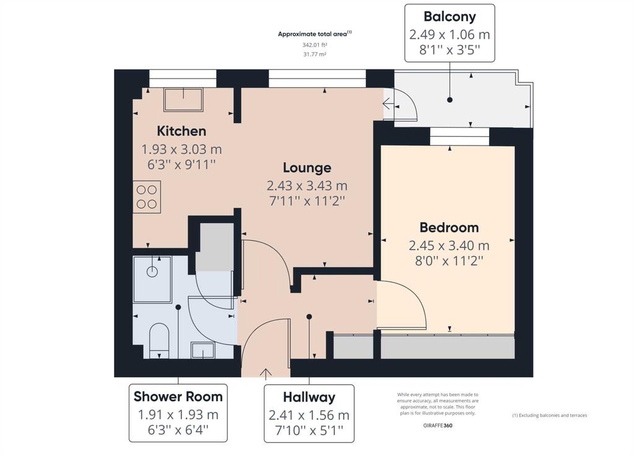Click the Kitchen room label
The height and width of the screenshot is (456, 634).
pyautogui.click(x=181, y=131)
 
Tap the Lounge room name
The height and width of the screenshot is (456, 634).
pyautogui.click(x=307, y=167)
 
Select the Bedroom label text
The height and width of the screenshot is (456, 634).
pyautogui.click(x=449, y=227)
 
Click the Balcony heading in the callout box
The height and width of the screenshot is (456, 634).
pyautogui.click(x=449, y=17)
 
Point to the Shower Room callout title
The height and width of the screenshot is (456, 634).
pyautogui.click(x=178, y=397)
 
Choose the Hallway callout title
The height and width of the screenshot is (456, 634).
pyautogui.click(x=310, y=397)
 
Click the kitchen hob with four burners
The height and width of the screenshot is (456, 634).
pyautogui.click(x=147, y=196)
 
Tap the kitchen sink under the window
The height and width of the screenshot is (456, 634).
pyautogui.click(x=183, y=100)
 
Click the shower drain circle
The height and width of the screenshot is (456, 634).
pyautogui.click(x=152, y=271)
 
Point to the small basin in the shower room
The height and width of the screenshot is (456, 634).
pyautogui.click(x=203, y=351)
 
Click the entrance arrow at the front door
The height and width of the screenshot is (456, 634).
pyautogui.click(x=266, y=374)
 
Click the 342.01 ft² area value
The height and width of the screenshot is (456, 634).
pyautogui.click(x=315, y=45)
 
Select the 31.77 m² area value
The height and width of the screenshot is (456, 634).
pyautogui.click(x=315, y=54)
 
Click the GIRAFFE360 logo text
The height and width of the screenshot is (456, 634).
pyautogui.click(x=438, y=425)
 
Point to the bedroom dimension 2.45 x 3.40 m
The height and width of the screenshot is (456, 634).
pyautogui.click(x=449, y=245)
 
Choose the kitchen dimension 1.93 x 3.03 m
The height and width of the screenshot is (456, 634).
pyautogui.click(x=181, y=149)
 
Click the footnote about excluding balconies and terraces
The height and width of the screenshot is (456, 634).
pyautogui.click(x=550, y=415)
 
